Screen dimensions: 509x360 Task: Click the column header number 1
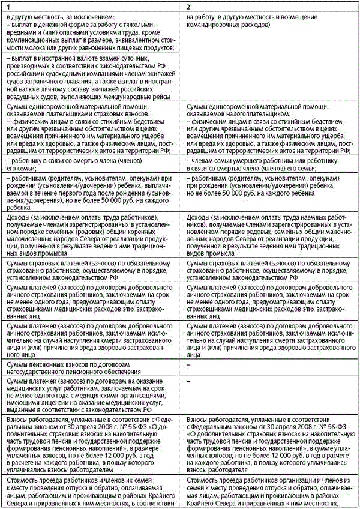8,5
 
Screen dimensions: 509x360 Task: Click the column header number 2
190,5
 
